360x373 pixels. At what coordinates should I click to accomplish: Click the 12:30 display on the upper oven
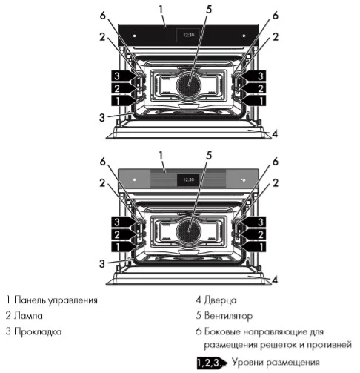coord(188,34)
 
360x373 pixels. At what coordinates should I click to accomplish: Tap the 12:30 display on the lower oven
coord(188,179)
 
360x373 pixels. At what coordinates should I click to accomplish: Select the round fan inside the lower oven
coord(189,231)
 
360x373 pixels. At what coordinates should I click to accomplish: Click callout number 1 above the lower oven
coord(161,155)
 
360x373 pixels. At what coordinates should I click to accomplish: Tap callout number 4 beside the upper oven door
coord(274,134)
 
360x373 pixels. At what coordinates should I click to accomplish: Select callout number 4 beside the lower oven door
coord(274,280)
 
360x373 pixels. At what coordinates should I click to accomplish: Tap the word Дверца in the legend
coord(220,300)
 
